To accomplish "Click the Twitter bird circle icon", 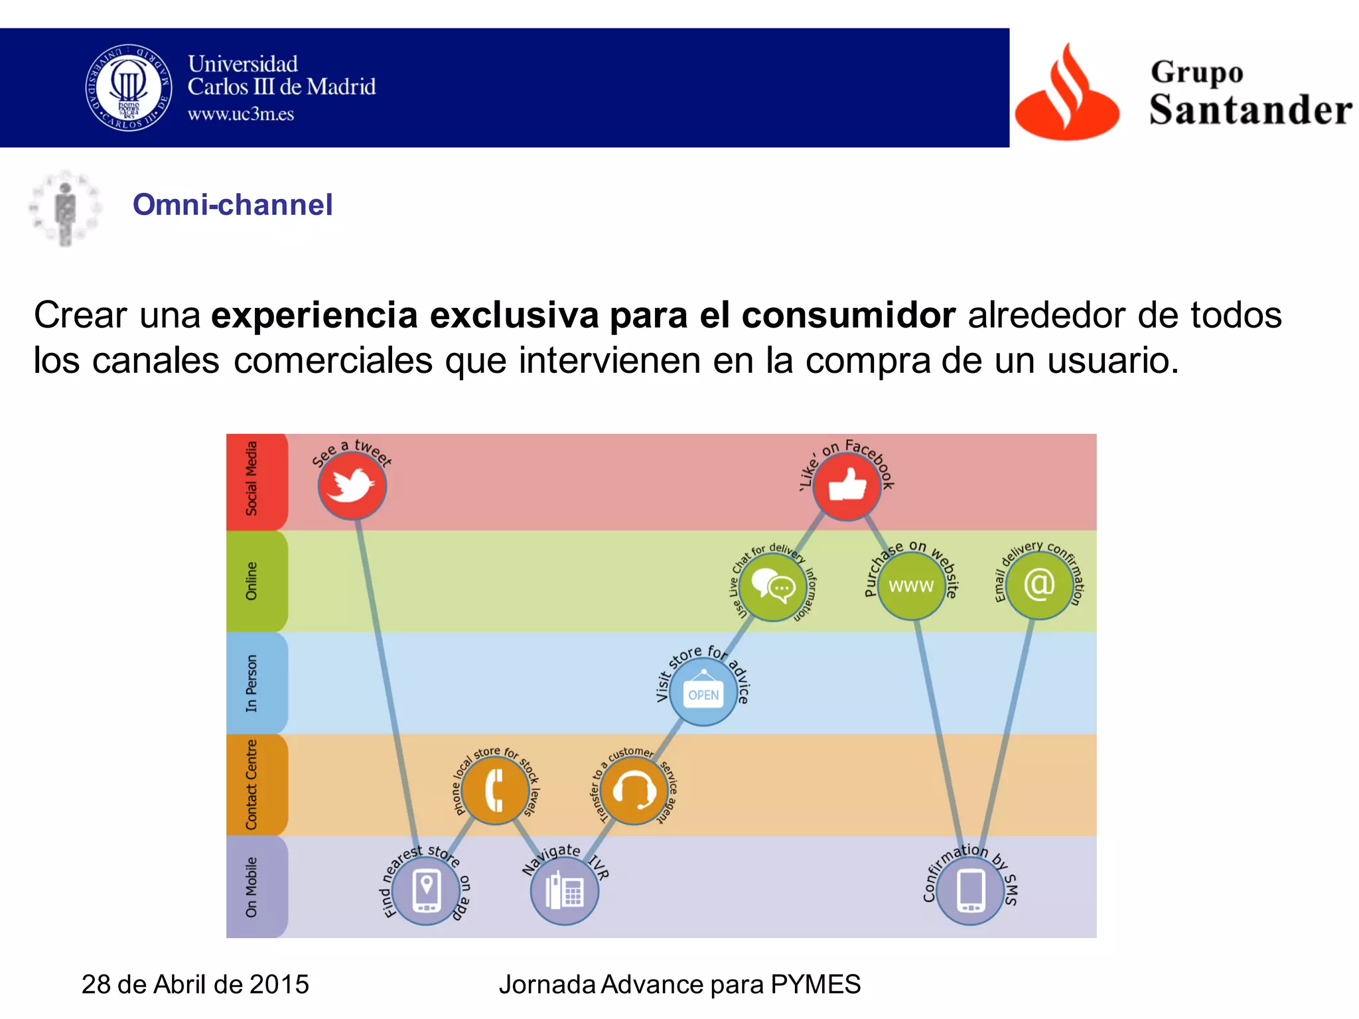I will (x=352, y=486).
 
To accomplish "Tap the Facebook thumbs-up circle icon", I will (x=847, y=486).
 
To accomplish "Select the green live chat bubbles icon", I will (x=773, y=586).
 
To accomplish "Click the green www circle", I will (x=912, y=586).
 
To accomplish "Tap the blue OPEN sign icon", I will (x=703, y=693).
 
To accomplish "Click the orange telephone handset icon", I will (x=495, y=790).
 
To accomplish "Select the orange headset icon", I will (x=634, y=790).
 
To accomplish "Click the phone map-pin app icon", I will (x=426, y=890).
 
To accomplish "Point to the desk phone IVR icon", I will (x=565, y=890).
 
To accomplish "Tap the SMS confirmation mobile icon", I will (x=970, y=890).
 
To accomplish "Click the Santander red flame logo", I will (x=1067, y=93).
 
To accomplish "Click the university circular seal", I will (x=129, y=88).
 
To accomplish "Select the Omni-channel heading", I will (x=233, y=204).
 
